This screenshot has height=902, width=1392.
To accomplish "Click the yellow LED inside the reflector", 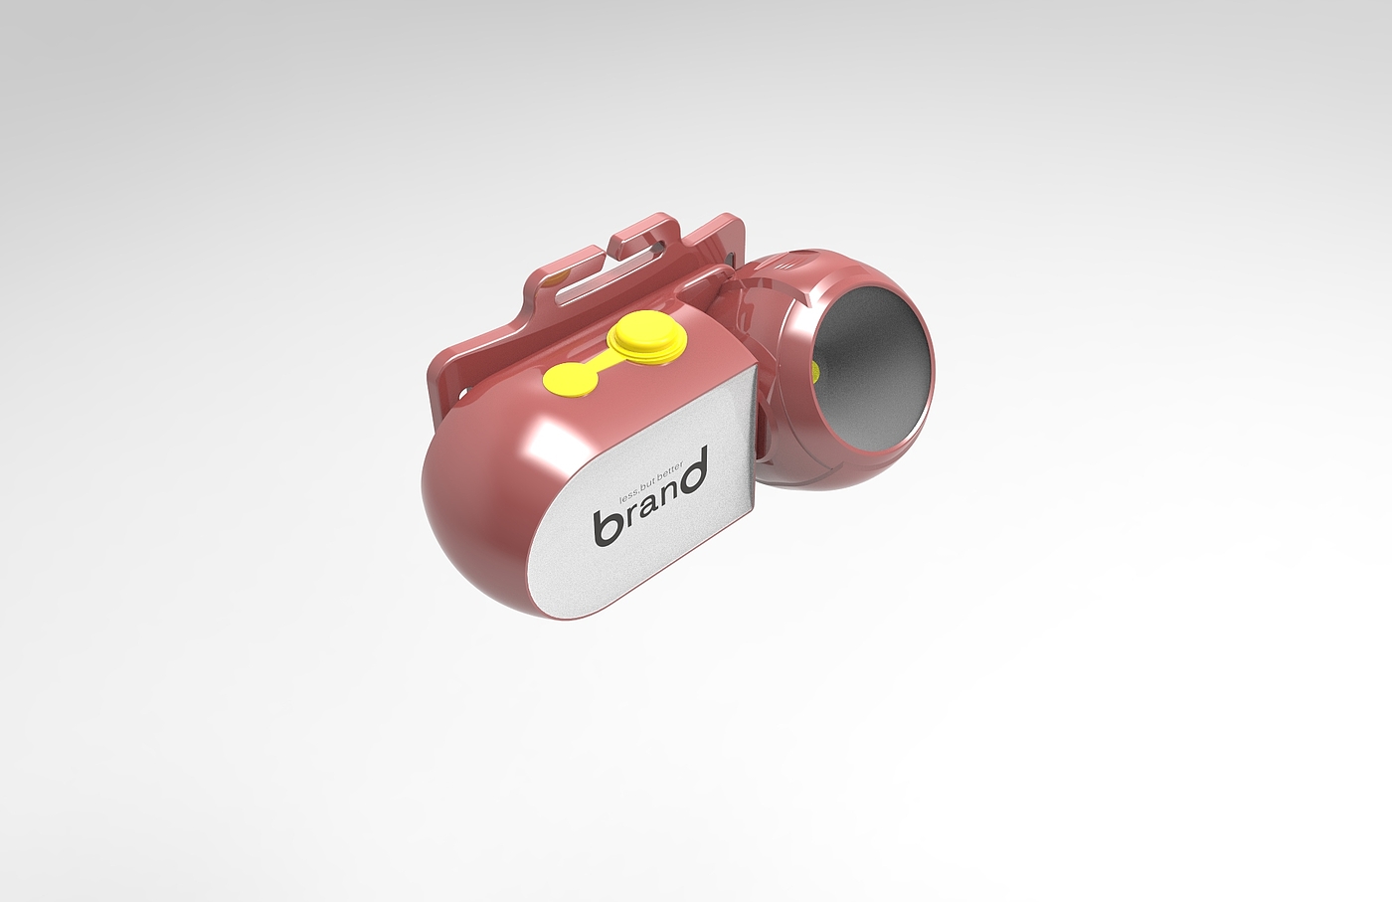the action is coord(816,372).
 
